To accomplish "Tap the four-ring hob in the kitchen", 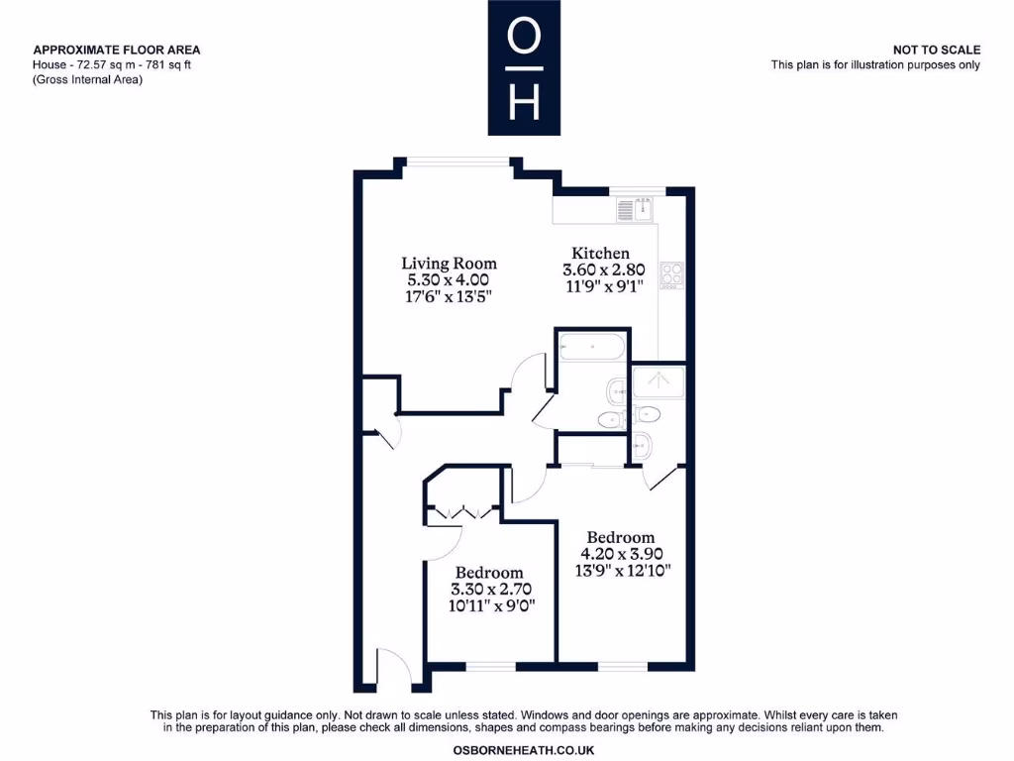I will pyautogui.click(x=671, y=273).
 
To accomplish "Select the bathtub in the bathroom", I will pyautogui.click(x=591, y=348).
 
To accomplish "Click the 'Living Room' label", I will pyautogui.click(x=449, y=264).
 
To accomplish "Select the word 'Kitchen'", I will pyautogui.click(x=600, y=253).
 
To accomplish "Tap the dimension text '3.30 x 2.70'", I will pyautogui.click(x=488, y=590).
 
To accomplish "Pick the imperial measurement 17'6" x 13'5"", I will pyautogui.click(x=449, y=296).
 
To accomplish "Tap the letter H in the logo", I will pyautogui.click(x=524, y=102).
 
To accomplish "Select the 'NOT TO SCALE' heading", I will pyautogui.click(x=936, y=50).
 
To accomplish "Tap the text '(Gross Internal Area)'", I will pyautogui.click(x=87, y=80).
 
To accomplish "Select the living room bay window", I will pyautogui.click(x=457, y=162).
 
